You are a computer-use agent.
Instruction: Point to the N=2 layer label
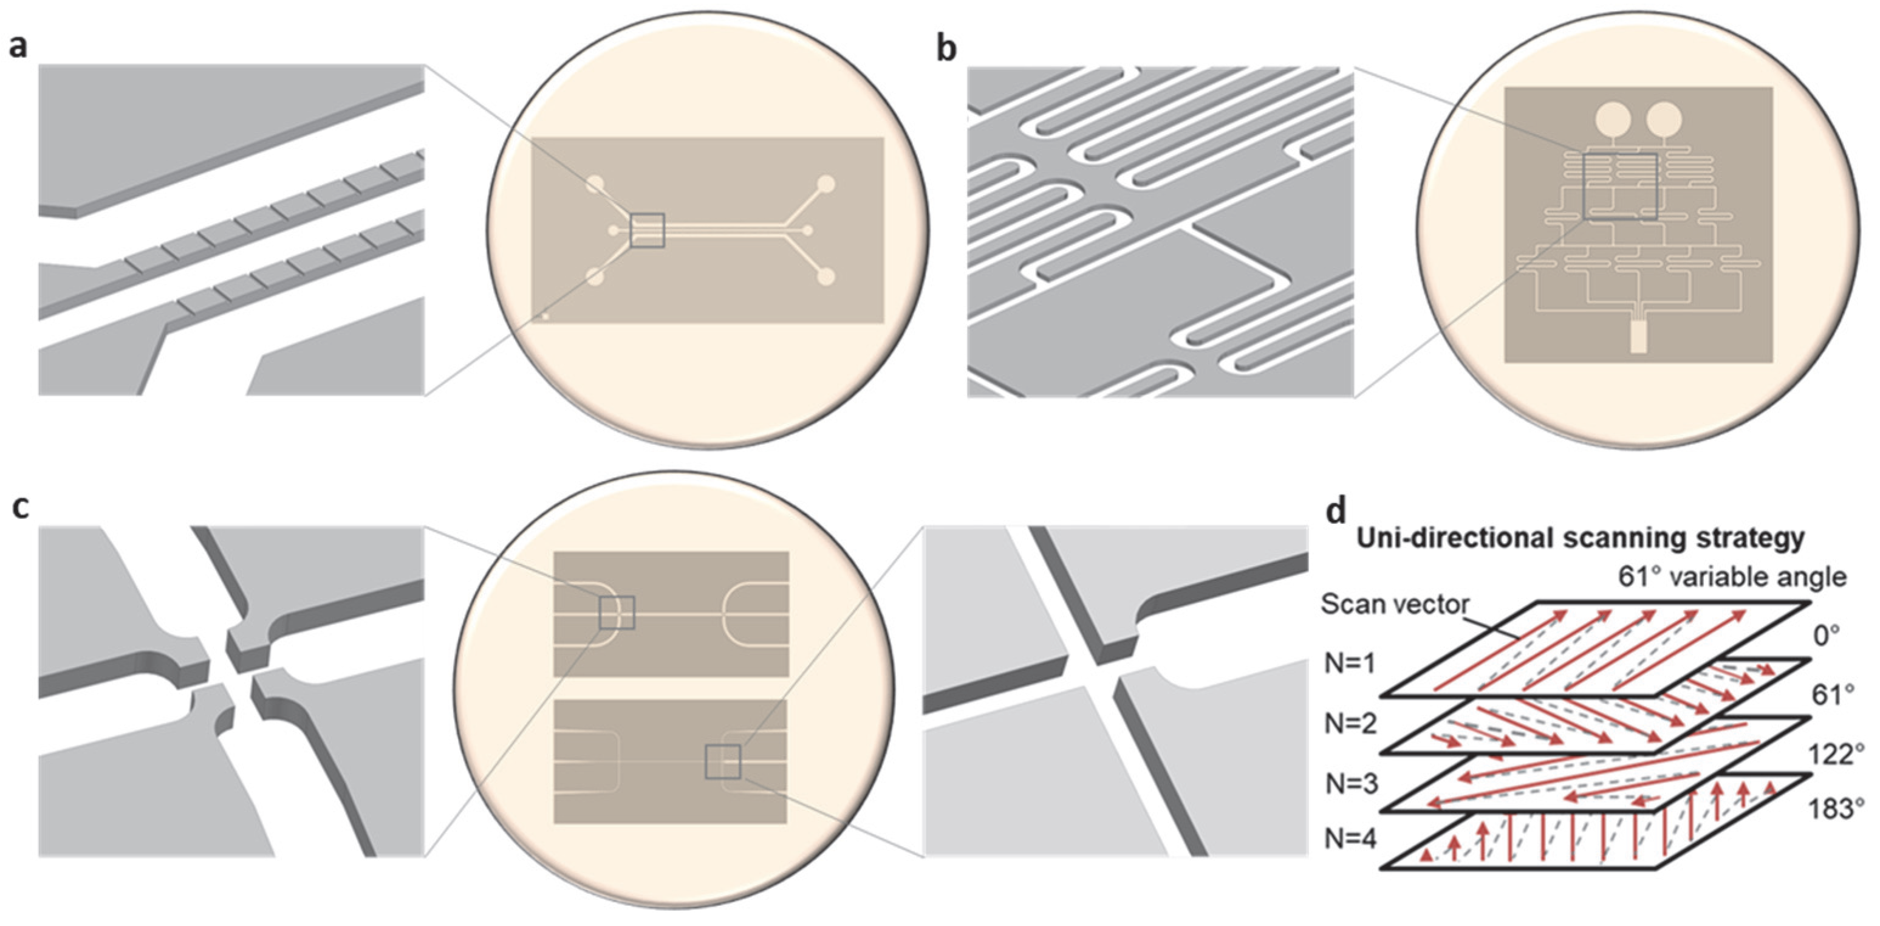1350,723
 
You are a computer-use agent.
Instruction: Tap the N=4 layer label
1350,839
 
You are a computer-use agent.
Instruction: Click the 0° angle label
1826,636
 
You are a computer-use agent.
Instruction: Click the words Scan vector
1394,605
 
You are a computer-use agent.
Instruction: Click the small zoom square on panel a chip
647,230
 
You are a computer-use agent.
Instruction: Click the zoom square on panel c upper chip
617,612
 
